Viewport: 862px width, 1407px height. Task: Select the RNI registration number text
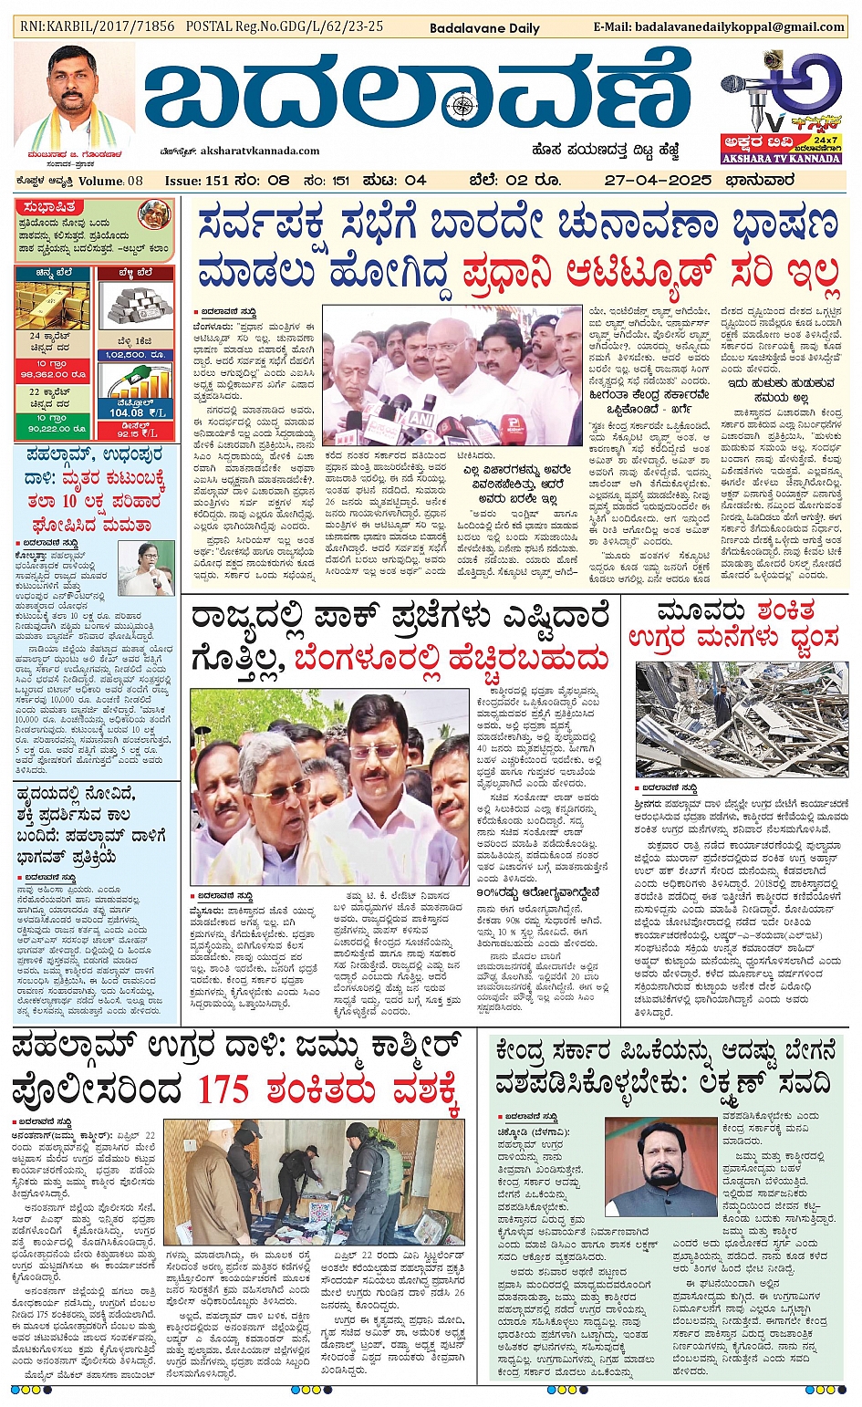click(98, 26)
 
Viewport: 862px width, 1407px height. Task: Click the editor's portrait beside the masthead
click(74, 96)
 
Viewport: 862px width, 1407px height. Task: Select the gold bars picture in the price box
click(51, 306)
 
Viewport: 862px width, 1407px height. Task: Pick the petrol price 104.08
click(126, 412)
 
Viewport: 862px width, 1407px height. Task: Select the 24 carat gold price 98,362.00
click(52, 375)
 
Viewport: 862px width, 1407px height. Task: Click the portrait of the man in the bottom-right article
click(660, 1168)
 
